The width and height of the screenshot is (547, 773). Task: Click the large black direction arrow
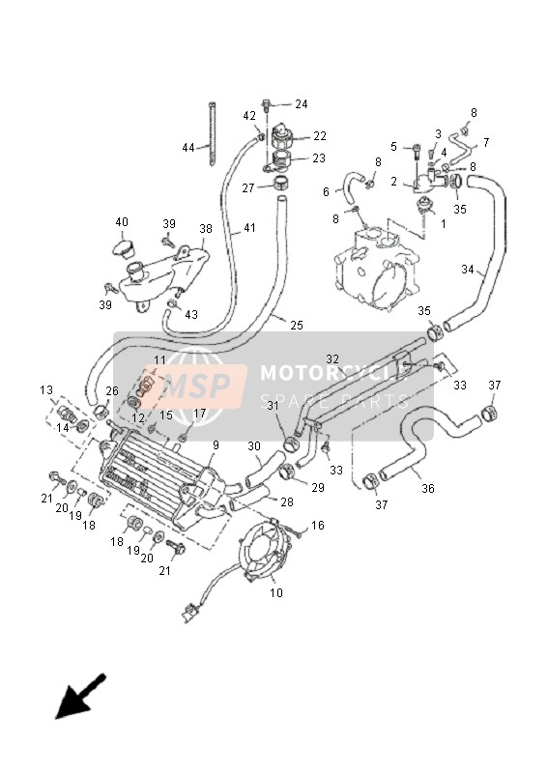(79, 696)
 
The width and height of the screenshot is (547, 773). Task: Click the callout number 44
(188, 147)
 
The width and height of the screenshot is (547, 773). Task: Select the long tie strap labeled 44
(213, 133)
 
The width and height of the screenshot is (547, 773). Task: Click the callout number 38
(206, 229)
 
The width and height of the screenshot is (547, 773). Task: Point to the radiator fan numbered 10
(264, 550)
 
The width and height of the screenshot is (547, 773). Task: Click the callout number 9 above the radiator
(216, 445)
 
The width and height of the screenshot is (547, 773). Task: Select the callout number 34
(468, 270)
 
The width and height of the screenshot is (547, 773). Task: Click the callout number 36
(427, 488)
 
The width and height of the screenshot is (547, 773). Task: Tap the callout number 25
(297, 326)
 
